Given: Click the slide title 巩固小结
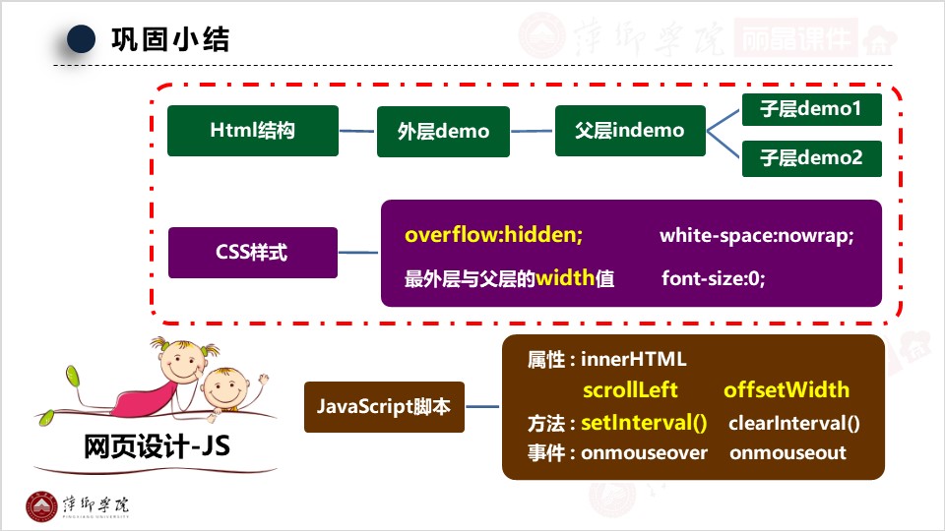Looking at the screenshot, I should click(170, 39).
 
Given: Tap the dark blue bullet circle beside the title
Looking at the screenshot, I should click(81, 39).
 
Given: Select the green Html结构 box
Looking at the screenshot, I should click(253, 130).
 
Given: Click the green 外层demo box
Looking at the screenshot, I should click(443, 131).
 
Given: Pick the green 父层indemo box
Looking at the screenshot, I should click(630, 130).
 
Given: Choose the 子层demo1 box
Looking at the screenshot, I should click(811, 109).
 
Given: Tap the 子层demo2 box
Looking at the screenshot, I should click(811, 156).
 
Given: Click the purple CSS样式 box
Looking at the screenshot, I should click(253, 252).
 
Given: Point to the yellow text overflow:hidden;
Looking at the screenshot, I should click(493, 236).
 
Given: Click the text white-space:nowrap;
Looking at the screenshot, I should click(756, 236).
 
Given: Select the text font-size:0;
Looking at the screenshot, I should click(713, 278).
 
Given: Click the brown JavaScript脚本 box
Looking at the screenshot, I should click(384, 405).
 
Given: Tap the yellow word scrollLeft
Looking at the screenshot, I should click(630, 390).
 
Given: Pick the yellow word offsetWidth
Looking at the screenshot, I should click(786, 390).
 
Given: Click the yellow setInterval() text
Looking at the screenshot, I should click(644, 424).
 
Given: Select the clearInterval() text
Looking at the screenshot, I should click(793, 424).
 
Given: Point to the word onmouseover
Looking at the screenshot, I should click(644, 453).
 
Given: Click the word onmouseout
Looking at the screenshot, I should click(787, 453).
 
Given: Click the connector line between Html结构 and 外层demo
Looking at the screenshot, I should click(357, 130).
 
